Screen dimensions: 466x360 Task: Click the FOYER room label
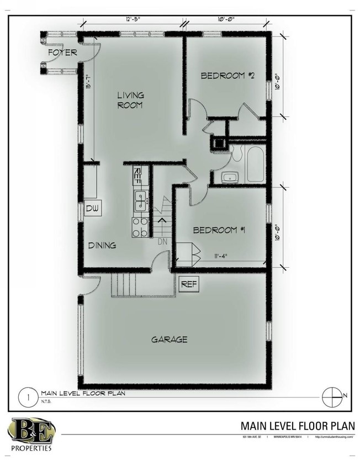(61, 53)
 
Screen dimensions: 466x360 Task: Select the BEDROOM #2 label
(227, 76)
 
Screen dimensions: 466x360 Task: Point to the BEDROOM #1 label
(219, 229)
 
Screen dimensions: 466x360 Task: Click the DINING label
(102, 245)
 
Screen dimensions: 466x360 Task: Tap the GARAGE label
(169, 339)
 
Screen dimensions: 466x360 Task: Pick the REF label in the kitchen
(138, 177)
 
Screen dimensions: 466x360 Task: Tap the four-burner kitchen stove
(140, 226)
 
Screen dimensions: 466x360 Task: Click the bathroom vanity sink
(229, 177)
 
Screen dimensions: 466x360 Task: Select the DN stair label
(162, 241)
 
